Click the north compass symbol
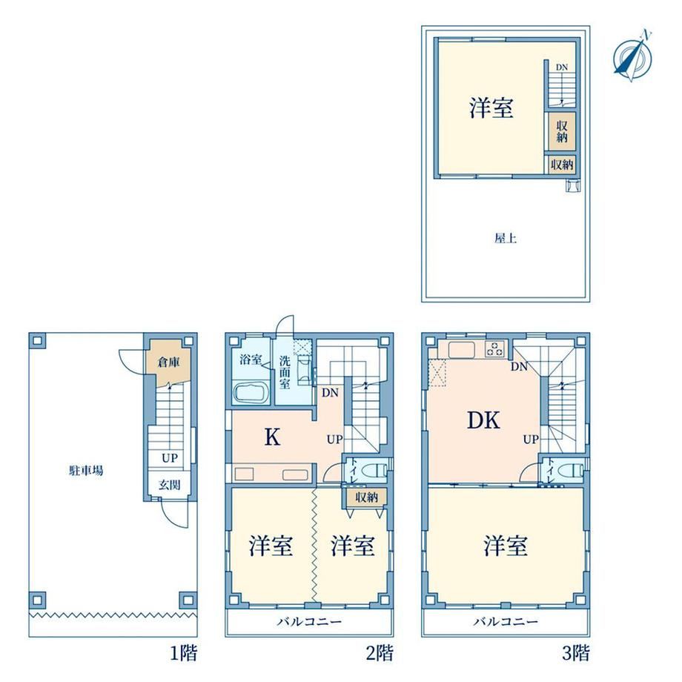(x=633, y=56)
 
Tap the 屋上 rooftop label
(x=506, y=239)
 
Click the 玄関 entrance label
(x=169, y=485)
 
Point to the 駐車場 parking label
(x=86, y=470)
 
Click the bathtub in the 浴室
(x=252, y=393)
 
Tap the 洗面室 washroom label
(x=285, y=372)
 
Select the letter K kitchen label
(x=273, y=437)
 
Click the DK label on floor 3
(x=483, y=420)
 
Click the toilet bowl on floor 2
(x=374, y=470)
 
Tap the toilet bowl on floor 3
(x=571, y=470)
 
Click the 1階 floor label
(x=183, y=653)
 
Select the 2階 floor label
(x=380, y=653)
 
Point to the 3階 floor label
(x=576, y=653)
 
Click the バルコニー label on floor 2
(x=309, y=621)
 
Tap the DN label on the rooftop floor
(x=562, y=67)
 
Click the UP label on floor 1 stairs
(x=170, y=458)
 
